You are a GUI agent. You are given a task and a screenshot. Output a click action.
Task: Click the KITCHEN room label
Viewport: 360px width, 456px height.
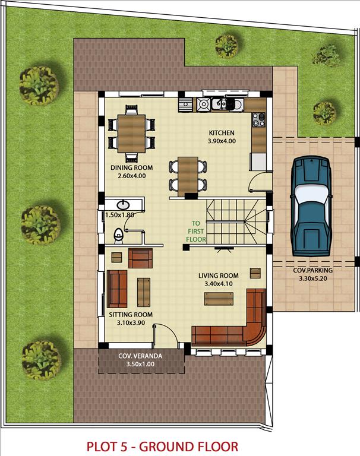pyautogui.click(x=222, y=133)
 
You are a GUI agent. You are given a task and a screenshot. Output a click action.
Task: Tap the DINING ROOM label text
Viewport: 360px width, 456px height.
pyautogui.click(x=131, y=168)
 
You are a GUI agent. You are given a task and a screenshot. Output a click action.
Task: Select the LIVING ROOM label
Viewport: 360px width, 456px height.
pyautogui.click(x=218, y=275)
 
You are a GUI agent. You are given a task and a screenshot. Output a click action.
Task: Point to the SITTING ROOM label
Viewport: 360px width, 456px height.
pyautogui.click(x=131, y=315)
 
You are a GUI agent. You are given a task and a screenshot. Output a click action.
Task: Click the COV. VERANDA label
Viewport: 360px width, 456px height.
pyautogui.click(x=140, y=356)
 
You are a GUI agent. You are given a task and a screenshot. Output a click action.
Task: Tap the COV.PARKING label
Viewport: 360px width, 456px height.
pyautogui.click(x=312, y=271)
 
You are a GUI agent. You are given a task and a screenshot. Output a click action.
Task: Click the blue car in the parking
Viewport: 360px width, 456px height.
pyautogui.click(x=311, y=206)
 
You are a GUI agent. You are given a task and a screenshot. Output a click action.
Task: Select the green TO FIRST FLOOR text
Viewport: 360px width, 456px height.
pyautogui.click(x=196, y=232)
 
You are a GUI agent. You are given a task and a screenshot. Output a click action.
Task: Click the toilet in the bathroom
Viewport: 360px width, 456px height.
pyautogui.click(x=118, y=236)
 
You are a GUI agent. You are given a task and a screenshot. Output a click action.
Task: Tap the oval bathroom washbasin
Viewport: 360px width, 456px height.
pyautogui.click(x=123, y=205)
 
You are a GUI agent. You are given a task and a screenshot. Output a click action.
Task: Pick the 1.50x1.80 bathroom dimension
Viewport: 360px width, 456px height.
pyautogui.click(x=119, y=215)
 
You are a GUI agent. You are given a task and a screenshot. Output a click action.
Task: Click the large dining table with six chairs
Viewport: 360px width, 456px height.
pyautogui.click(x=131, y=134)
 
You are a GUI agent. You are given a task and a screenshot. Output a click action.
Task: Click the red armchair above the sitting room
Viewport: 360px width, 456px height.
pyautogui.click(x=140, y=258)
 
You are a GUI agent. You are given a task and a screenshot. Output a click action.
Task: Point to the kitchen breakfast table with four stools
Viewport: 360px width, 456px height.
pyautogui.click(x=188, y=176)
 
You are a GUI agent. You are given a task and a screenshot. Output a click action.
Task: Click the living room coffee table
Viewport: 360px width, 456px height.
pyautogui.click(x=219, y=299)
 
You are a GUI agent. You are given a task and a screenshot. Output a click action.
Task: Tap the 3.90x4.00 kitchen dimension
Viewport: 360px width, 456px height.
pyautogui.click(x=222, y=141)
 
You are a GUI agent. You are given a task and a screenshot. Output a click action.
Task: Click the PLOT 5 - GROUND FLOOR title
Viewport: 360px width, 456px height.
pyautogui.click(x=162, y=446)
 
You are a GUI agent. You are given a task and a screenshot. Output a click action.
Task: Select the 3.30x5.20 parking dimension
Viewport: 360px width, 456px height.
pyautogui.click(x=313, y=278)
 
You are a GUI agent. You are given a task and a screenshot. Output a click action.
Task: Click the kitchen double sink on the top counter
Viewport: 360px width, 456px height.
pyautogui.click(x=222, y=105)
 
